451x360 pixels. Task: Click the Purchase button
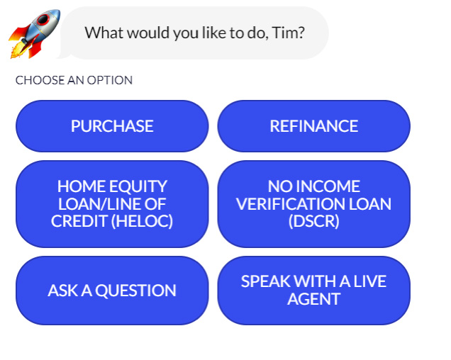tap(112, 126)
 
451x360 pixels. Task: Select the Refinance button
tap(314, 126)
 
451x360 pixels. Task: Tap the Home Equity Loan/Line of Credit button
tap(112, 204)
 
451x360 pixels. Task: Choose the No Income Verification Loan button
tap(314, 204)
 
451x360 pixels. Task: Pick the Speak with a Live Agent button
tap(314, 291)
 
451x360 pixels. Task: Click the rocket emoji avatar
tap(35, 34)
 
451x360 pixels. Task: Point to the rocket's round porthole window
tap(43, 19)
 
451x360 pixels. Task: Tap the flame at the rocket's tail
tap(18, 50)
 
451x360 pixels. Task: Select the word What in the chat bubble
tap(104, 33)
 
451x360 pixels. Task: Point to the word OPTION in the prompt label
tap(110, 80)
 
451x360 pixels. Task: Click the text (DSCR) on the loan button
tap(314, 221)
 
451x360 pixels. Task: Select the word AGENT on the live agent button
tap(314, 299)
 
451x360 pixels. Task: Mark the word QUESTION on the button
tap(135, 291)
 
